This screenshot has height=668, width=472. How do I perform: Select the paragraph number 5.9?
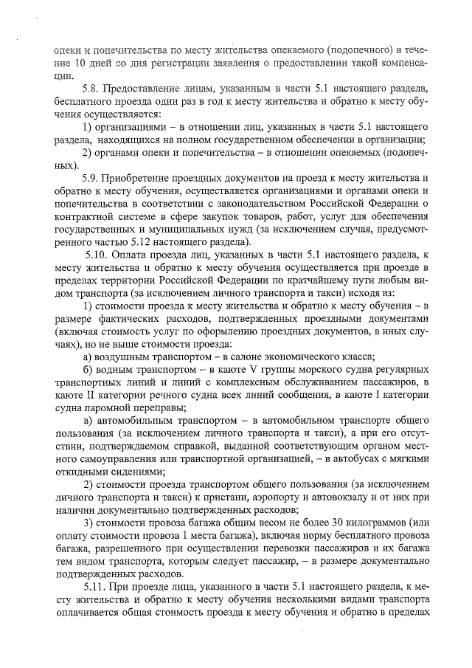click(91, 179)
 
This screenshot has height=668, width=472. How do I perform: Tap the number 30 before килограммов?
click(339, 523)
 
